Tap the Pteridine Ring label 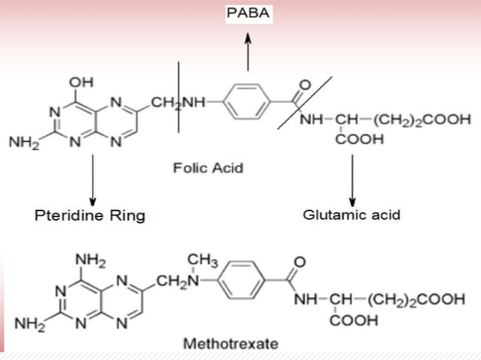90,215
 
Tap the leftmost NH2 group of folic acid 21,141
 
